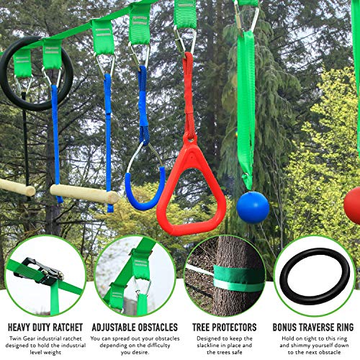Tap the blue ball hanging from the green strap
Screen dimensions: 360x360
tap(253, 207)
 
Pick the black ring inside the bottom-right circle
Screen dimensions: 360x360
tap(315, 275)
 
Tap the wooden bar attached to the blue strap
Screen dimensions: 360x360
tap(85, 193)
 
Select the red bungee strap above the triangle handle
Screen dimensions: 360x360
tap(189, 94)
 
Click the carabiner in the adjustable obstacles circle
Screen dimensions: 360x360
tap(141, 286)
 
